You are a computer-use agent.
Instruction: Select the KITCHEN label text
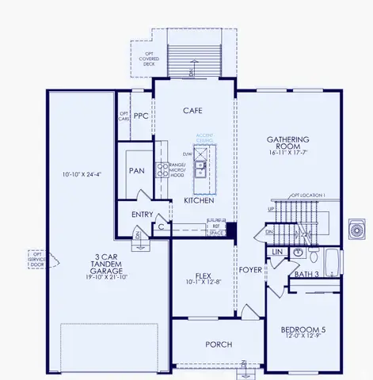coord(199,201)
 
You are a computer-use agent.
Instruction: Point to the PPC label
coord(141,116)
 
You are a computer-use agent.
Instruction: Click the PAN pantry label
coord(136,170)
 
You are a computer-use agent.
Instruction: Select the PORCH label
coord(219,344)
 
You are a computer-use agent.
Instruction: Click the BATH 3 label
coord(306,274)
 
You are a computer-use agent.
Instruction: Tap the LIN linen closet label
coord(276,252)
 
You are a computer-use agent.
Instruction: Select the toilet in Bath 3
coord(313,256)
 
